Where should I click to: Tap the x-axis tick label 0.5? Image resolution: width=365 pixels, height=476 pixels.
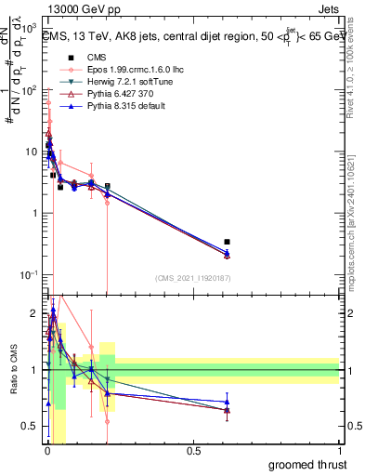pos(193,451)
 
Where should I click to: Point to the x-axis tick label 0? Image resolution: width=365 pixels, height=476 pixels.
pos(46,451)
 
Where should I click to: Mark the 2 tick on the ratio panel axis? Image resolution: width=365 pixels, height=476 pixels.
pos(35,312)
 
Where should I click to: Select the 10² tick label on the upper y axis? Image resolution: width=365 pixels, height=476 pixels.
pos(32,91)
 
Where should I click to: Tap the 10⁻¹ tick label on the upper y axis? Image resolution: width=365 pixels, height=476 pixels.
pos(32,275)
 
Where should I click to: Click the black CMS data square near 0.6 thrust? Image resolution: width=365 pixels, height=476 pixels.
pos(227,242)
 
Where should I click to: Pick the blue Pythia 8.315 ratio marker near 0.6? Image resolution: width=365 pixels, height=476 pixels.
pos(227,402)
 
